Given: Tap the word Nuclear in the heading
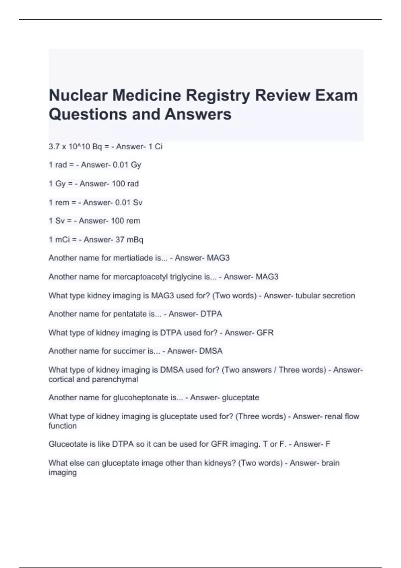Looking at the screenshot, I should point(78,95).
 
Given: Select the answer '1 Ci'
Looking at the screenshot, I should point(155,146).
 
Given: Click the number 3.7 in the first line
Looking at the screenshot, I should point(54,146).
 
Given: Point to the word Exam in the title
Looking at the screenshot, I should point(337,96).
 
